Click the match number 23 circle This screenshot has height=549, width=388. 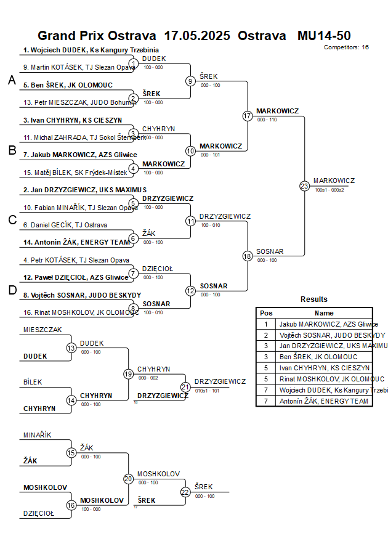tap(304, 185)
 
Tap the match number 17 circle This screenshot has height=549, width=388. tap(248, 116)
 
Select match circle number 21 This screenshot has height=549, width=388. tap(185, 387)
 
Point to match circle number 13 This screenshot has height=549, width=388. tap(71, 348)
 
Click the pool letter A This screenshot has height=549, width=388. tap(11, 80)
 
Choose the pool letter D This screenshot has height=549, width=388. tap(11, 290)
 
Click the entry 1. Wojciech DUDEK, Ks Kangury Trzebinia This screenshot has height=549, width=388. tap(91, 50)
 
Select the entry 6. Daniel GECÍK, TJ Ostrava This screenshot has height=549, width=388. tap(65, 225)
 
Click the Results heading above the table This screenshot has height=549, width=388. tap(314, 299)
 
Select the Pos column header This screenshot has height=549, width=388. tap(266, 313)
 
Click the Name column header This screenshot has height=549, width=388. tap(324, 313)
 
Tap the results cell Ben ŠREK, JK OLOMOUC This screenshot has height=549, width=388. tap(318, 357)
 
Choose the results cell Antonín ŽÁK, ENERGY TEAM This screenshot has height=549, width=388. tap(324, 401)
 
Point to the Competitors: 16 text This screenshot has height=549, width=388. tap(346, 47)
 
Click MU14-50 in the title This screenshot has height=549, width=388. tap(324, 35)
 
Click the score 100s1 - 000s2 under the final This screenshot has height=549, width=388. tap(329, 190)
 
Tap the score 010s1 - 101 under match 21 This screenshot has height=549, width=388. tap(208, 391)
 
